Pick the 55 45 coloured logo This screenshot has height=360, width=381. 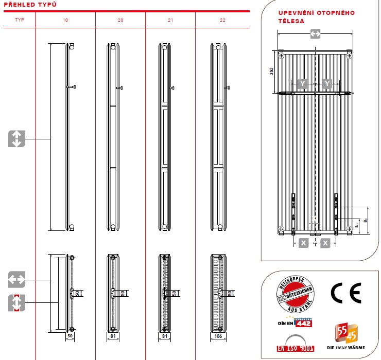coord(345,332)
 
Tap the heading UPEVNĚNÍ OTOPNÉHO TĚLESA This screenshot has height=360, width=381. coord(316,17)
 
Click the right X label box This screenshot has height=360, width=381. coord(325,243)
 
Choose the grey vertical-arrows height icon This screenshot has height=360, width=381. coord(16,139)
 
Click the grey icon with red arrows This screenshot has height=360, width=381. coord(16,303)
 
